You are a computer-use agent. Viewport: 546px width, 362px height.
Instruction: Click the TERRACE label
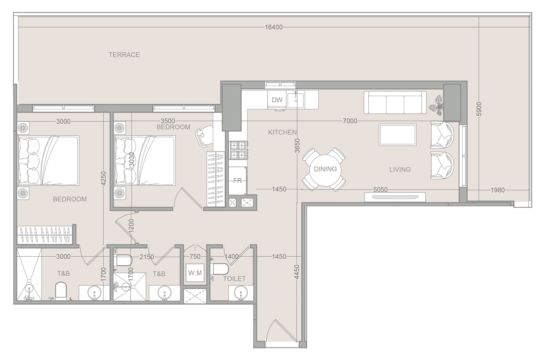[x=124, y=55]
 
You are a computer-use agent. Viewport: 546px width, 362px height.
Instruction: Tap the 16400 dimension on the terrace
[x=274, y=27]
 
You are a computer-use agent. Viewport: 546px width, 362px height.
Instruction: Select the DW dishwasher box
[x=277, y=100]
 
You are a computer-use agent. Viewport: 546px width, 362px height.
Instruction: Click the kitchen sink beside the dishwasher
[x=296, y=100]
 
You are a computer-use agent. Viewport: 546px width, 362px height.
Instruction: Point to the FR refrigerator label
[x=237, y=181]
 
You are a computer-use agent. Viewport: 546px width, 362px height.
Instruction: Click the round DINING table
[x=325, y=169]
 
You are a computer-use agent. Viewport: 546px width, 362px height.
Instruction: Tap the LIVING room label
[x=400, y=169]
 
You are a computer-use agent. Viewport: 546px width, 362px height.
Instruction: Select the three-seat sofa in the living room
[x=395, y=102]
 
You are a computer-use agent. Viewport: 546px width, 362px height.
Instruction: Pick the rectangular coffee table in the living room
[x=398, y=135]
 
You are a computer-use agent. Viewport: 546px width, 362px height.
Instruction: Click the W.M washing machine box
[x=195, y=273]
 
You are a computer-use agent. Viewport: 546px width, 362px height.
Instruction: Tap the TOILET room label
[x=234, y=279]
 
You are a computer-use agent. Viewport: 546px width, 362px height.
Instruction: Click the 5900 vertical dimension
[x=479, y=109]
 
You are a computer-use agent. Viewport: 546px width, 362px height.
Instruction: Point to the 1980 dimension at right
[x=497, y=190]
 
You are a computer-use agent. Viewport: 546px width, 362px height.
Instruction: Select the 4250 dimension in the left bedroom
[x=104, y=178]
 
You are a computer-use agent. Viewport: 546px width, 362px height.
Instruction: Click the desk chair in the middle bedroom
[x=204, y=136]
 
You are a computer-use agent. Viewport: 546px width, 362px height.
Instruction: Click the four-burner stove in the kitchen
[x=238, y=150]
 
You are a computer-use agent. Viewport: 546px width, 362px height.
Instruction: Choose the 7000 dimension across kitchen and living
[x=350, y=121]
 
